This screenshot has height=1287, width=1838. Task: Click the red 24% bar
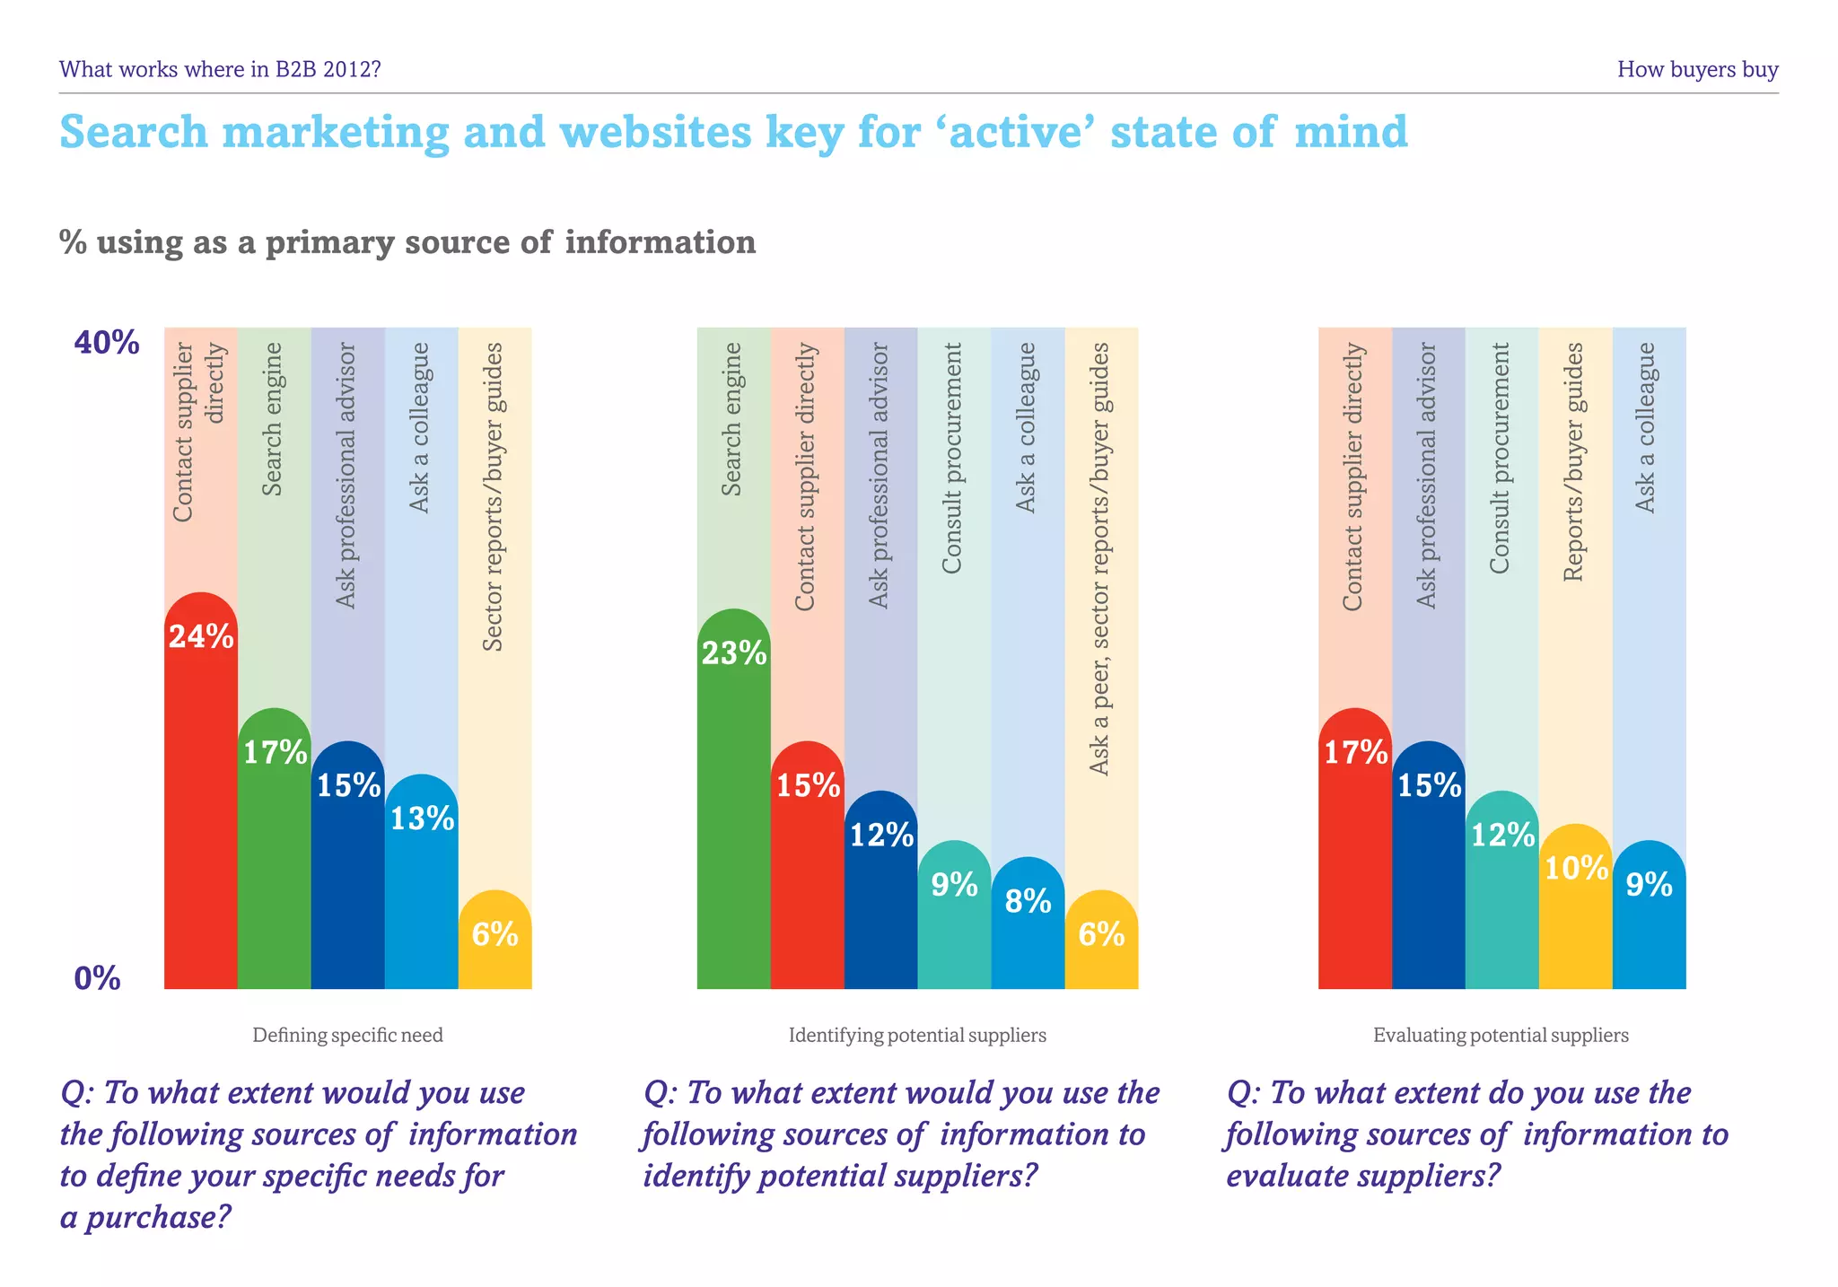point(200,790)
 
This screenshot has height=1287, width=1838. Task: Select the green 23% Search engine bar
point(733,799)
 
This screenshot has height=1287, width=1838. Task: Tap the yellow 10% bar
point(1575,906)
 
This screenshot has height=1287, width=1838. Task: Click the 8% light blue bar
point(1028,924)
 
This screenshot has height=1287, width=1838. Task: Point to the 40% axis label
point(106,343)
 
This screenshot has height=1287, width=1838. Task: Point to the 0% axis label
point(97,978)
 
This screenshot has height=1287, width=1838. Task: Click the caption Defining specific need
point(347,1036)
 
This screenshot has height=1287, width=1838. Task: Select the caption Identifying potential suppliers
point(917,1036)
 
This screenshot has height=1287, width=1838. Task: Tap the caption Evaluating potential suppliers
point(1501,1036)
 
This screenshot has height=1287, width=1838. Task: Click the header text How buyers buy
point(1697,69)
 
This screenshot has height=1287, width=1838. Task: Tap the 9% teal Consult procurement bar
point(954,915)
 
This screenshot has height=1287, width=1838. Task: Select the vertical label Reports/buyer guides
point(1575,461)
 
